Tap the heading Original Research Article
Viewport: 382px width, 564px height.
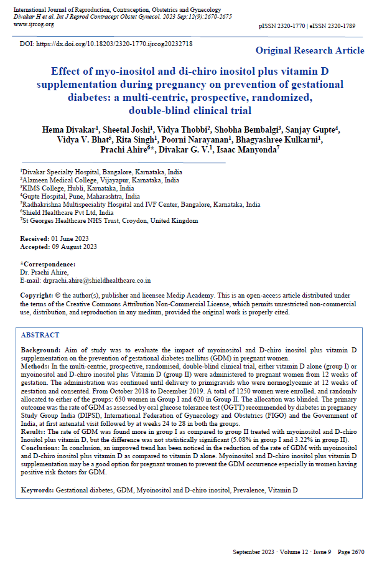coord(310,50)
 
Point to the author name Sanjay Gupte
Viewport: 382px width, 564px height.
coord(315,129)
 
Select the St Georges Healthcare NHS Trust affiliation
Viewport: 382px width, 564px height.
coord(109,220)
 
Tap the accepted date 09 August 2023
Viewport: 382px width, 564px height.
coord(75,247)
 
